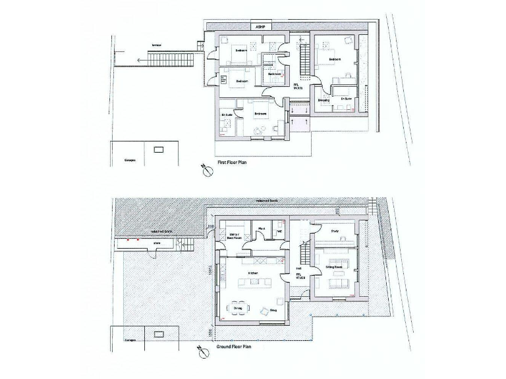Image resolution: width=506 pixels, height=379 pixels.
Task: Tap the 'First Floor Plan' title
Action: tap(233, 161)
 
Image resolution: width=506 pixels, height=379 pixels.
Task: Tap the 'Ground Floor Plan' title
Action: tap(235, 347)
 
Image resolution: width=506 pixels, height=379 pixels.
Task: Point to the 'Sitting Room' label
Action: tap(335, 268)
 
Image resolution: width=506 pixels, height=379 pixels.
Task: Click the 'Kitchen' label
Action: tap(252, 273)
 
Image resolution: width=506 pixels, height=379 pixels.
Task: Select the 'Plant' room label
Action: tap(262, 230)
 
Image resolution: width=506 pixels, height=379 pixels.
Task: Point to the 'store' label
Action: tap(157, 244)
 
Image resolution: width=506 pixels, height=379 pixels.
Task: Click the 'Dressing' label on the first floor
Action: tap(323, 100)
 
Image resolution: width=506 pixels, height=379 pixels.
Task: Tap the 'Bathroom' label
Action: tap(275, 74)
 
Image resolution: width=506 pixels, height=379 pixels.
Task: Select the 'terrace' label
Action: tap(156, 45)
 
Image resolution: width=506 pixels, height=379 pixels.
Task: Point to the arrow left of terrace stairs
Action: tap(137, 60)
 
